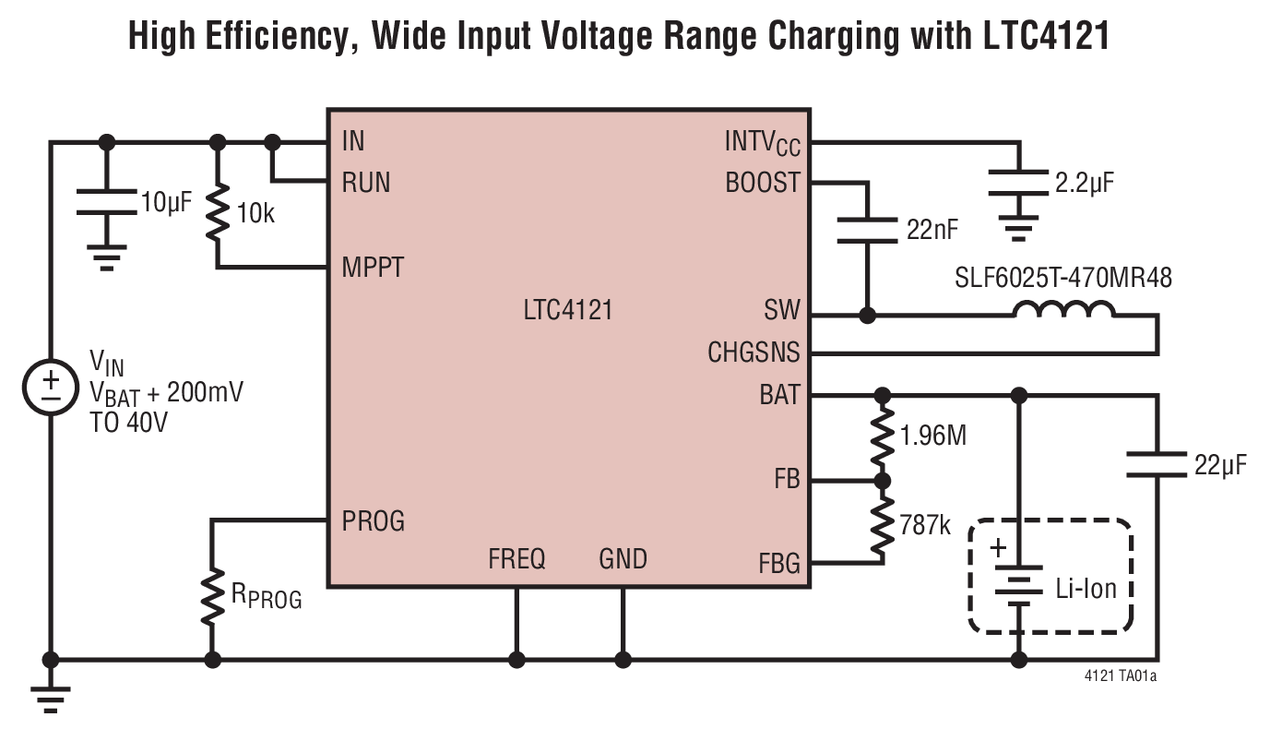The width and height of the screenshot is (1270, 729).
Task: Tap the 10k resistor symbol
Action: (219, 213)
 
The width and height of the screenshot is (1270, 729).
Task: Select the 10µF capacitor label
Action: (165, 201)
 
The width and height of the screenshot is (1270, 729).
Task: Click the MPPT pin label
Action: (372, 269)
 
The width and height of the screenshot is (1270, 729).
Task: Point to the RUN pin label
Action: (365, 183)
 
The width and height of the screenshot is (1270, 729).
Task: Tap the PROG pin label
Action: (373, 521)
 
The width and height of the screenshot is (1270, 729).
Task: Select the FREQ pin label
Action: (516, 559)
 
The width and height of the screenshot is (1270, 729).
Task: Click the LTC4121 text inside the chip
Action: (567, 311)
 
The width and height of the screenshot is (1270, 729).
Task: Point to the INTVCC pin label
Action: (762, 144)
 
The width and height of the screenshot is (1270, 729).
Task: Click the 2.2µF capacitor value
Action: (1084, 182)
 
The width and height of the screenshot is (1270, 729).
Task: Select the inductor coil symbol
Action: (1063, 310)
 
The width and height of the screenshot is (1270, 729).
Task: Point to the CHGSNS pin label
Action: (754, 353)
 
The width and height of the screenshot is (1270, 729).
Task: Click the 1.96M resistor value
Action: (933, 436)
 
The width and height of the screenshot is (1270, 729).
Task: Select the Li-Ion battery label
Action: (1086, 588)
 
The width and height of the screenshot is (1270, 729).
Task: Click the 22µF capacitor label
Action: (1219, 465)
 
